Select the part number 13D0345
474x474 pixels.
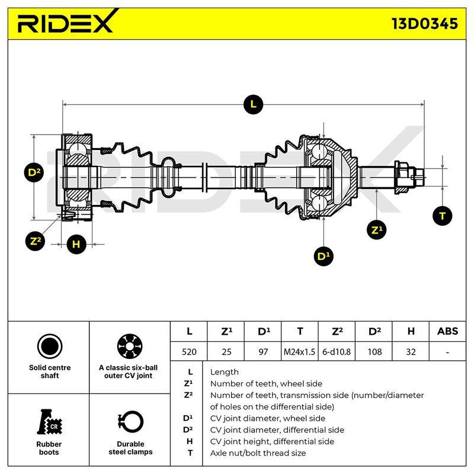(424, 24)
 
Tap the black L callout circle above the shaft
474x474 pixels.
(253, 104)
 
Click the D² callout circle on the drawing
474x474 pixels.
(34, 172)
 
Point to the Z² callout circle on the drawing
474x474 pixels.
(36, 241)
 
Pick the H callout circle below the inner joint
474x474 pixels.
(76, 244)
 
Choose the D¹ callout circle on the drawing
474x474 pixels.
(324, 257)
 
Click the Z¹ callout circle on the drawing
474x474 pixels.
(376, 230)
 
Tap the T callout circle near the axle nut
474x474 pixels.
(442, 216)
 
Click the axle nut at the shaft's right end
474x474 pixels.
(403, 177)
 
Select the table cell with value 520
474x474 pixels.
(189, 351)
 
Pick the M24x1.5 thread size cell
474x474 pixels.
(299, 351)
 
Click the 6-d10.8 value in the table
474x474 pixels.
(337, 351)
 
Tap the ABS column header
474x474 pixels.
(447, 331)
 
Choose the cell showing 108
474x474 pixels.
(374, 351)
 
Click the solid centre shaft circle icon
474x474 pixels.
(50, 347)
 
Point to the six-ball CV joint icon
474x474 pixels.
(130, 347)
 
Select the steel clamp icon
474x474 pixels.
(130, 422)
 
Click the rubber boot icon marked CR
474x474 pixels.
(49, 422)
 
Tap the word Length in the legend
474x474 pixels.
(225, 372)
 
